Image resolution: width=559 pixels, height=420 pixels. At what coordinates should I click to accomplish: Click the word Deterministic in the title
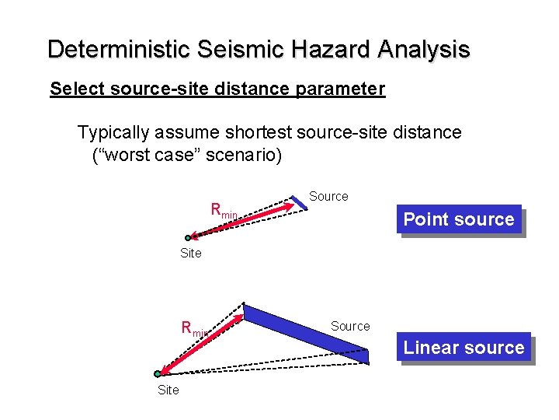pos(119,49)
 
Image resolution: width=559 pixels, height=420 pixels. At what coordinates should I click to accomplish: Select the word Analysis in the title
pos(424,49)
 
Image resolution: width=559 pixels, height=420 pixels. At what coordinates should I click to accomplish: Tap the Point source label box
pos(458,219)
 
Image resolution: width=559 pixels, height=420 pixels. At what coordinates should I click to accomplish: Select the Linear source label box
pos(464,348)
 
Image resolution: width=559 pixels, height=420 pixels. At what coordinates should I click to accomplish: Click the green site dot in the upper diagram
pos(188,238)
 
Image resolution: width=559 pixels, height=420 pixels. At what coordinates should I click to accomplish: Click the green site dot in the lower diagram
pos(158,374)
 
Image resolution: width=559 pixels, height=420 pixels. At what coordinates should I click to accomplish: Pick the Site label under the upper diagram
pos(190,253)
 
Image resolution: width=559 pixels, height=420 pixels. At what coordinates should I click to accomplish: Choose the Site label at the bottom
pos(168,390)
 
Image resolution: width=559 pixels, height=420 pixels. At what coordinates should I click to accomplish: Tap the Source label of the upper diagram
pos(328,197)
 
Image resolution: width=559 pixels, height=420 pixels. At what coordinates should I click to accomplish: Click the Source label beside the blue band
pos(350,326)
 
